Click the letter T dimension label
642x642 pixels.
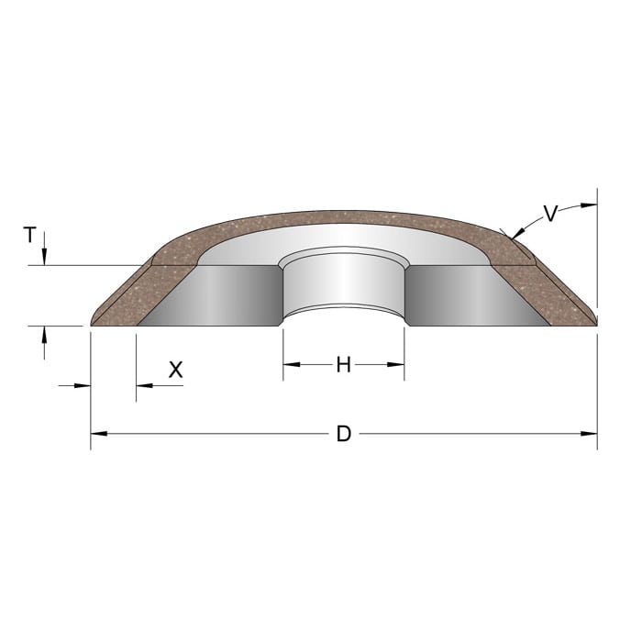click(30, 235)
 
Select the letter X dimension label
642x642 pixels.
click(176, 370)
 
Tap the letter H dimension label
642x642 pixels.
click(344, 365)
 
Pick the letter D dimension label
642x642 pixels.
click(344, 434)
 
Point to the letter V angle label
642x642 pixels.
click(550, 214)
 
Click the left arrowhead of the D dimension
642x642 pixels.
click(99, 434)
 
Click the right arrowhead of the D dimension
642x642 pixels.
click(589, 434)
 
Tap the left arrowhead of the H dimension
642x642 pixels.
click(292, 364)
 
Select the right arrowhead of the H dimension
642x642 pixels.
click(396, 364)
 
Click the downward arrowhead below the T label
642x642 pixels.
click(44, 257)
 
